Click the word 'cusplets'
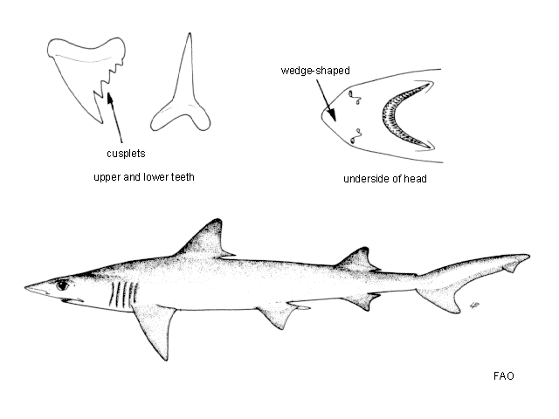126,154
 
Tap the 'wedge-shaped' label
315,71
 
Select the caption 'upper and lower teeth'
143,177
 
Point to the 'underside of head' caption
384,179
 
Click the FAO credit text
504,376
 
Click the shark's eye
62,285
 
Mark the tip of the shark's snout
25,287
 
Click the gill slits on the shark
124,294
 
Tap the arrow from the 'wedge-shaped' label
326,100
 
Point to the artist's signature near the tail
474,306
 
